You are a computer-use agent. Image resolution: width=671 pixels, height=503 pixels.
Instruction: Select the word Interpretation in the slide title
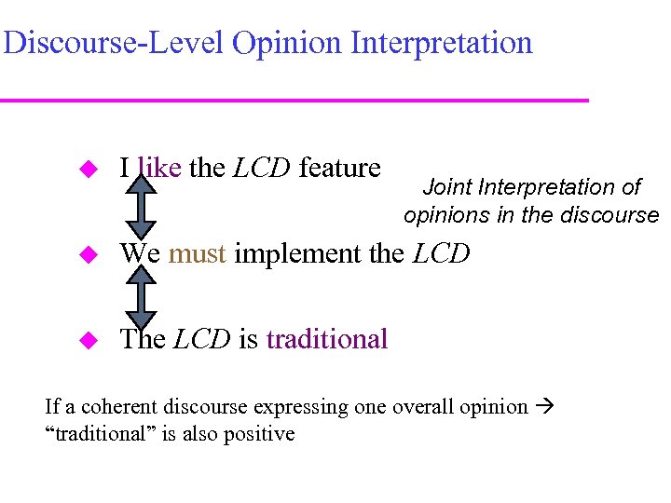(444, 43)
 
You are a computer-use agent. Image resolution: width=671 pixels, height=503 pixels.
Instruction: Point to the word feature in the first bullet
(339, 168)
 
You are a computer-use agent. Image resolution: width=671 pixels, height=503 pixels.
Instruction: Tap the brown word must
(198, 253)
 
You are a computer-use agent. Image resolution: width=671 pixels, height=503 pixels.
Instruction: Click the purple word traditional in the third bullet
(327, 339)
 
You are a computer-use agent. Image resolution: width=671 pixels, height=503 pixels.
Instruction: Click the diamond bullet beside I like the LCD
(89, 170)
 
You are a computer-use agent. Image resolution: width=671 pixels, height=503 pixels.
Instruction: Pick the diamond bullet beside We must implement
(89, 254)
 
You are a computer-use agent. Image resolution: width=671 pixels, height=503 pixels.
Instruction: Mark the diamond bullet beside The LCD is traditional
(89, 340)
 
